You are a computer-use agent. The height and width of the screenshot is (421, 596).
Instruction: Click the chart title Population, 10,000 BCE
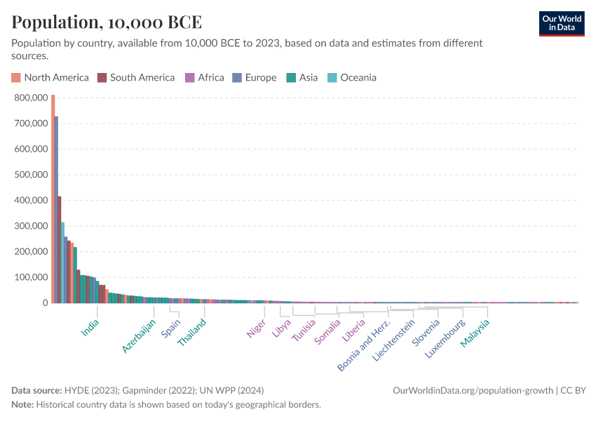point(107,22)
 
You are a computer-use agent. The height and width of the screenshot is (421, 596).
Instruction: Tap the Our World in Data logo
point(561,24)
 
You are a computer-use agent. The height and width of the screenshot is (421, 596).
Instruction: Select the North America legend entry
point(50,78)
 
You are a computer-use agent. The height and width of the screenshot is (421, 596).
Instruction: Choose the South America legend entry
point(136,78)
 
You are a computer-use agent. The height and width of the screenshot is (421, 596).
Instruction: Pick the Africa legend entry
point(204,78)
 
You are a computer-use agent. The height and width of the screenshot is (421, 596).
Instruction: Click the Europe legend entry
point(255,78)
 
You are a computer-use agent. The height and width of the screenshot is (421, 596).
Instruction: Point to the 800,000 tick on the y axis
point(30,98)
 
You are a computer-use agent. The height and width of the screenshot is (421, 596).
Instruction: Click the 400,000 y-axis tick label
point(30,201)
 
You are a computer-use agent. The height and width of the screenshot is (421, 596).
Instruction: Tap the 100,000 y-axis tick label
point(30,277)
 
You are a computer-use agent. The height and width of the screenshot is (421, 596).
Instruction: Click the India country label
point(90,328)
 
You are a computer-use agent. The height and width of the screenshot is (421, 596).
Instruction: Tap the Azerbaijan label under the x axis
point(139,337)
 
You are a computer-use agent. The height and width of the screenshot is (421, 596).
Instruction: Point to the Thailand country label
point(192,333)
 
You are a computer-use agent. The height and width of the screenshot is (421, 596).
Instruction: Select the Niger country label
point(257,329)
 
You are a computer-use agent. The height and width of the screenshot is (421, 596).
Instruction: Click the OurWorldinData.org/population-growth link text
point(473,390)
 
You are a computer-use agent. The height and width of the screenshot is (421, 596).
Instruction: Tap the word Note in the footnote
point(22,405)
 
